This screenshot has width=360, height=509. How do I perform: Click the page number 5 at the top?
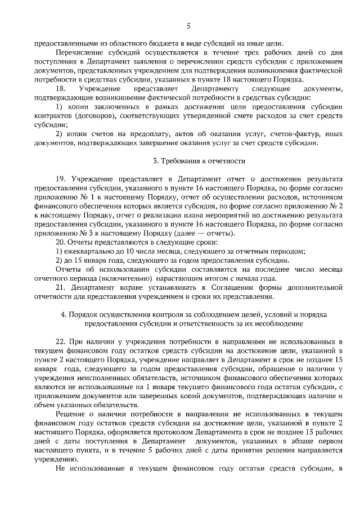pyautogui.click(x=189, y=25)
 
